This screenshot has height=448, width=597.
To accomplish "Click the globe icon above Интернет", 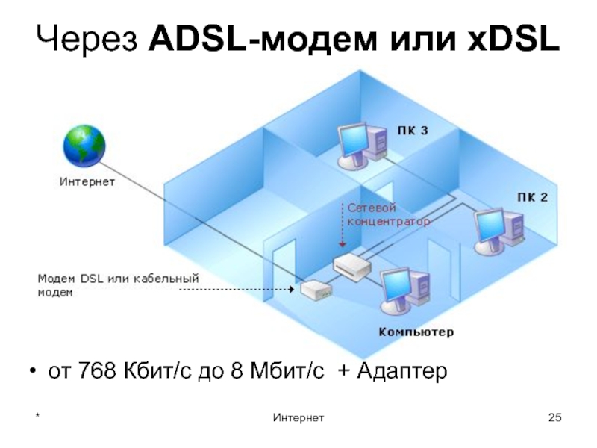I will point(85,146).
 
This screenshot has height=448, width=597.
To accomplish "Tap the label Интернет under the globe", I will point(87,181).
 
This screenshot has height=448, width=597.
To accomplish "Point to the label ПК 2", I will point(532,198).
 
